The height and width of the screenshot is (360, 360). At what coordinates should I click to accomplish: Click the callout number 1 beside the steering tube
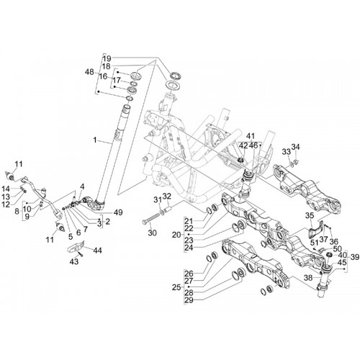[95, 140]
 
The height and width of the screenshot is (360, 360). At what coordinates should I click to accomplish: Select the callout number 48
[89, 72]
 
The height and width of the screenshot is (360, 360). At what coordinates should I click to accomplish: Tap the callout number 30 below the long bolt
[152, 233]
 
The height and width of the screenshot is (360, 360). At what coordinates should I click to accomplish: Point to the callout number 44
[97, 251]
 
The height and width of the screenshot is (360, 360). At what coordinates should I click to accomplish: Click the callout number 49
[118, 212]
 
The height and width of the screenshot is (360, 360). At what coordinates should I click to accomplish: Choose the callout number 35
[310, 215]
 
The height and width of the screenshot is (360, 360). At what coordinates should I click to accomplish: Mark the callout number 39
[355, 257]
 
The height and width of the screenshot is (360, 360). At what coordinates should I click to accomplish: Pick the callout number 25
[176, 287]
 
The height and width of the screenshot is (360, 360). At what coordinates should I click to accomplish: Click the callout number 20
[176, 235]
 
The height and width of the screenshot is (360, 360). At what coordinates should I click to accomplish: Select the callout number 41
[250, 136]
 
